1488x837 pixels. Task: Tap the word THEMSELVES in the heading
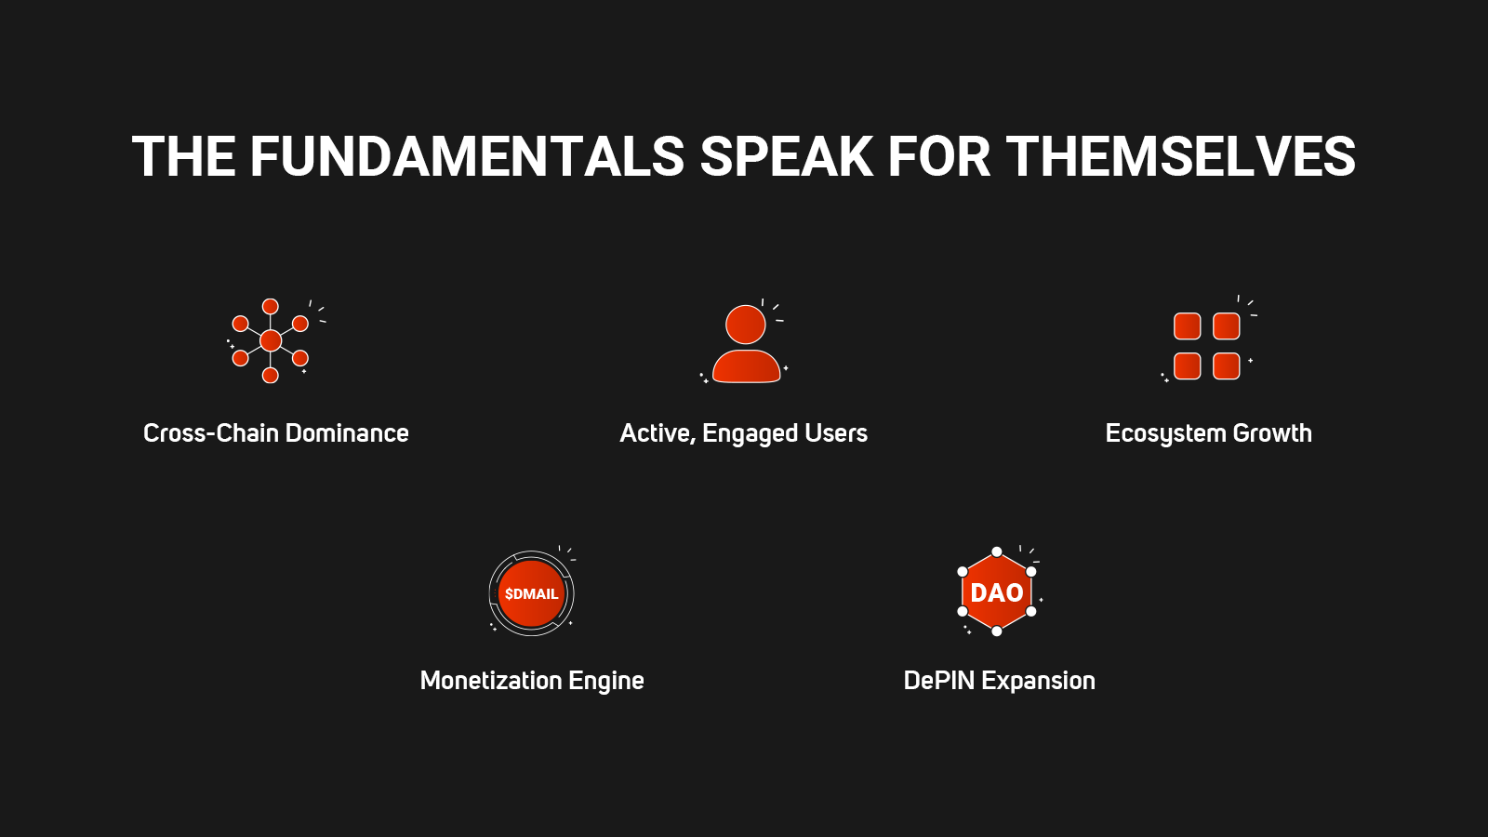(x=1180, y=157)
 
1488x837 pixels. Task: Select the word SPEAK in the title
(x=787, y=157)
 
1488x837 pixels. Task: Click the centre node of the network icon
(x=271, y=340)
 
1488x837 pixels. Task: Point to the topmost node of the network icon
(x=271, y=306)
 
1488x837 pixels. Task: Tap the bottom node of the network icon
(x=271, y=376)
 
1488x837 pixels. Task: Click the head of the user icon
(x=745, y=325)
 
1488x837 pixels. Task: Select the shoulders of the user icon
(x=746, y=366)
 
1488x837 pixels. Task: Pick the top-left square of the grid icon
(x=1187, y=326)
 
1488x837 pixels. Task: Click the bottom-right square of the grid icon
(x=1227, y=366)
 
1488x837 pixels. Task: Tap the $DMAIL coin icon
(x=531, y=593)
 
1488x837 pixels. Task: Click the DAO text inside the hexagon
(x=996, y=592)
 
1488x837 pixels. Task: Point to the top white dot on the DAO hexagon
(x=996, y=552)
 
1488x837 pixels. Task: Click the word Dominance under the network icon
(x=347, y=433)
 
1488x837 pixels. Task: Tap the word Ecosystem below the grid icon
(x=1166, y=434)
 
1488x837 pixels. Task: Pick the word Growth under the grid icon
(x=1272, y=433)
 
